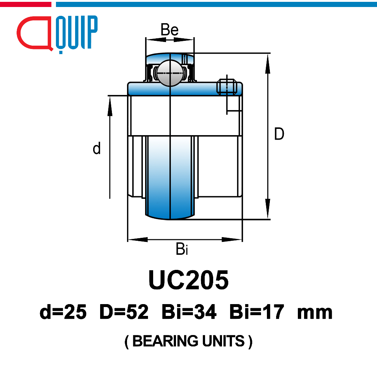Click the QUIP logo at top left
point(57,34)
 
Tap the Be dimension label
point(169,29)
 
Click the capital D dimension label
point(279,134)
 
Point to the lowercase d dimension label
point(97,148)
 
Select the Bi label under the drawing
point(182,249)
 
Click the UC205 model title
point(188,280)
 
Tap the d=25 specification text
point(63,312)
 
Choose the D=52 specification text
point(124,312)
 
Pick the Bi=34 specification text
point(189,312)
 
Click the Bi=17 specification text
point(257,312)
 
